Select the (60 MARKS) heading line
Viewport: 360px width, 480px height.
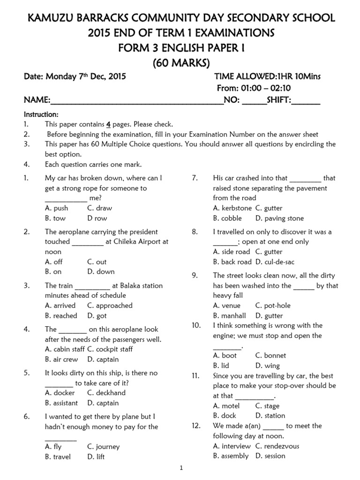pyautogui.click(x=180, y=63)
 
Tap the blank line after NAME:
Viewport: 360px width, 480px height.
pyautogui.click(x=136, y=100)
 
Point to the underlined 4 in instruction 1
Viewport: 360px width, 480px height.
pyautogui.click(x=108, y=124)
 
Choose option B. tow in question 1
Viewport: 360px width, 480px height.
pyautogui.click(x=55, y=218)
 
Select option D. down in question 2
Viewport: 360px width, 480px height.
pyautogui.click(x=101, y=271)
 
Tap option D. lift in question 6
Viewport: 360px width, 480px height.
pyautogui.click(x=97, y=457)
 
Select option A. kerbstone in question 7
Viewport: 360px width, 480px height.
pyautogui.click(x=232, y=208)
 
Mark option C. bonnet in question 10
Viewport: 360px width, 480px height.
pyautogui.click(x=270, y=355)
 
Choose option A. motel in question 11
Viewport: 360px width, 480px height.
pyautogui.click(x=226, y=405)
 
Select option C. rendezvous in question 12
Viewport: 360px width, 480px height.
pyautogui.click(x=278, y=446)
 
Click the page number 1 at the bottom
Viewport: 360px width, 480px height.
pyautogui.click(x=181, y=468)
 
